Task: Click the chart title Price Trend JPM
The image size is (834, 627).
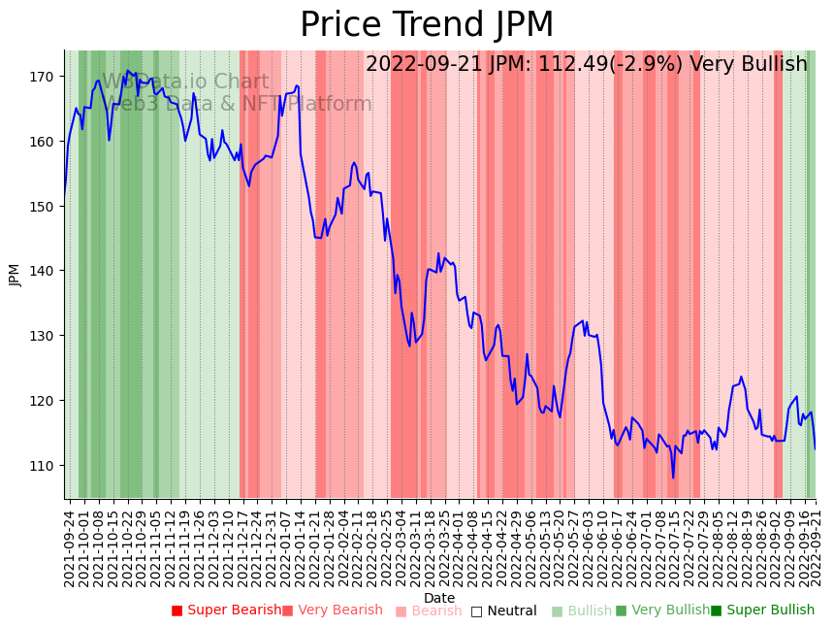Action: click(x=427, y=25)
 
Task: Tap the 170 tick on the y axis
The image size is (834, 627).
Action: click(x=45, y=77)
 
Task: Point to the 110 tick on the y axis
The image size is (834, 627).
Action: click(x=45, y=466)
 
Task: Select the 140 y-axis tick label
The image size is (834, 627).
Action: click(x=45, y=271)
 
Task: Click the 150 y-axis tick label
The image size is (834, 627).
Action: click(x=45, y=207)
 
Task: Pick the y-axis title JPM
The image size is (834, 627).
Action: click(x=15, y=275)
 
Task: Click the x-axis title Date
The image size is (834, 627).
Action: click(x=439, y=598)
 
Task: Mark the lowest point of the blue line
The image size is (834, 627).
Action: click(x=673, y=478)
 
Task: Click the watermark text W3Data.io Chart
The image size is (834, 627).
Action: click(x=185, y=82)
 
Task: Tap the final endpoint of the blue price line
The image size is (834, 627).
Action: click(x=815, y=449)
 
